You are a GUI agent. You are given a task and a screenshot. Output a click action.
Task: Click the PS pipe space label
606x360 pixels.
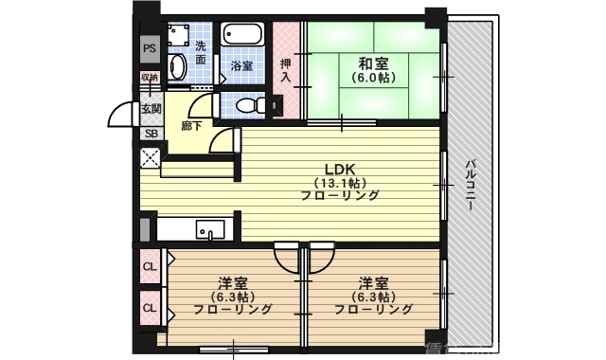[150, 47]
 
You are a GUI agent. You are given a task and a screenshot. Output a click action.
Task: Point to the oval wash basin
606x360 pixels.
[176, 65]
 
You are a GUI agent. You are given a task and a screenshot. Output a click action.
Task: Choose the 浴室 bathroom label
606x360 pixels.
[242, 66]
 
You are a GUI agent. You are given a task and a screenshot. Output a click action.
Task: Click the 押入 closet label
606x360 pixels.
[286, 70]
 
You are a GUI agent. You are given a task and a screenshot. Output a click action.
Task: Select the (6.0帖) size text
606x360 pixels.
[372, 80]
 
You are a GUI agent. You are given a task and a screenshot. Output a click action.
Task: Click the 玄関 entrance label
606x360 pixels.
[151, 110]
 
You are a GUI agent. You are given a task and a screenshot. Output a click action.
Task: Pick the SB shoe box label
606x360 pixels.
[151, 134]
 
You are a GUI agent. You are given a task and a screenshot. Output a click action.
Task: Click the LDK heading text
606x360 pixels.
[340, 167]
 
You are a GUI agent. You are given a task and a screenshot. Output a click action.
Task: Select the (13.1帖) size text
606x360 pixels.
[340, 182]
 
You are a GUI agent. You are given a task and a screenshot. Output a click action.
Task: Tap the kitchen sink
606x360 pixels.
[210, 229]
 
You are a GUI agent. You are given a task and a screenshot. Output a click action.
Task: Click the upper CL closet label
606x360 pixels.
[150, 266]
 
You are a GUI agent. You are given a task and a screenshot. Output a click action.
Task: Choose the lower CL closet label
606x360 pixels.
[150, 307]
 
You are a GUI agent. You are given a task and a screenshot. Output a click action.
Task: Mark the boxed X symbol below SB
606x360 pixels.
[151, 158]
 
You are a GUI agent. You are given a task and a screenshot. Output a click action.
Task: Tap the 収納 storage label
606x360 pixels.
[150, 78]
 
